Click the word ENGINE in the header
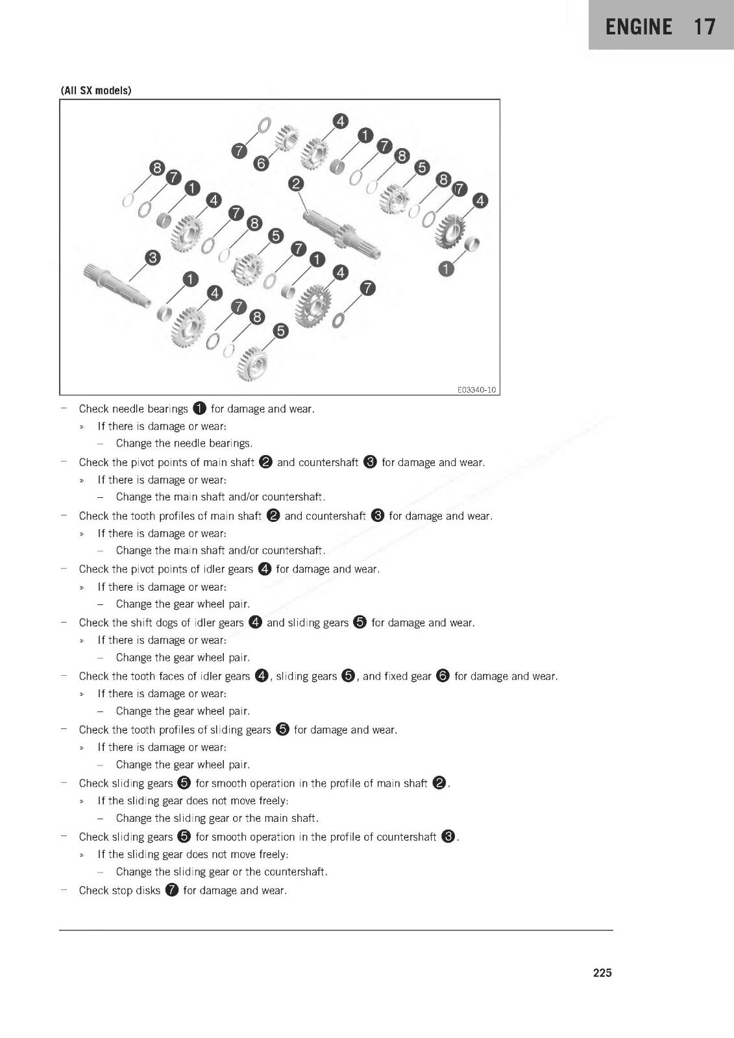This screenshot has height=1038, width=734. pyautogui.click(x=639, y=27)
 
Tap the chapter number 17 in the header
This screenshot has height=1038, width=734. pyautogui.click(x=704, y=27)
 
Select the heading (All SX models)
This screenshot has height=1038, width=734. pyautogui.click(x=96, y=90)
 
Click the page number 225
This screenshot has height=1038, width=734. pyautogui.click(x=602, y=972)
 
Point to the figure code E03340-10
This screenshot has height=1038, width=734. pyautogui.click(x=476, y=389)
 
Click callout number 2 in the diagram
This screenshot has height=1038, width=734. pyautogui.click(x=296, y=184)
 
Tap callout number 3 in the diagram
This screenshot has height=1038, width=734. pyautogui.click(x=153, y=258)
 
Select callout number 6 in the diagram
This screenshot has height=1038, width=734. pyautogui.click(x=261, y=163)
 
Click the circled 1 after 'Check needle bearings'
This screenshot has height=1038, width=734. pyautogui.click(x=199, y=408)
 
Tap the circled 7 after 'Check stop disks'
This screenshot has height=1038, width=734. pyautogui.click(x=171, y=890)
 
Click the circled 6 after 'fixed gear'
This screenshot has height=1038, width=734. pyautogui.click(x=443, y=676)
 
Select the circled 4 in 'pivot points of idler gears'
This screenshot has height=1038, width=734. pyautogui.click(x=264, y=569)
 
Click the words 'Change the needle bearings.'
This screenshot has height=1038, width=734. pyautogui.click(x=184, y=443)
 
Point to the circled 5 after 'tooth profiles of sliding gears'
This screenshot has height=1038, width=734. pyautogui.click(x=282, y=729)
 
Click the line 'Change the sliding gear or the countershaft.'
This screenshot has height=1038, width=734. pyautogui.click(x=221, y=871)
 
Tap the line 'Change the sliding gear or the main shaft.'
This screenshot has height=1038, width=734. pyautogui.click(x=217, y=818)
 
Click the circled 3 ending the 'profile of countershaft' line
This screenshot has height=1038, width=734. pyautogui.click(x=448, y=836)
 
